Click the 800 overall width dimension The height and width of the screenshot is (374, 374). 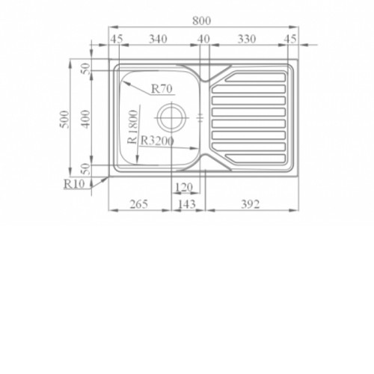coord(201,20)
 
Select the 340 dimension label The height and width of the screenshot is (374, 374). coord(158,39)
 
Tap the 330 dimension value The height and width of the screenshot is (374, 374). coord(247,39)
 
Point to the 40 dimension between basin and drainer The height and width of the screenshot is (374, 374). coord(203,39)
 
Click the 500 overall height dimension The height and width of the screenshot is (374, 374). coord(64,120)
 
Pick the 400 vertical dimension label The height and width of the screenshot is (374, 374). coord(86,120)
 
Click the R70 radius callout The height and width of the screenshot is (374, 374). coord(162,88)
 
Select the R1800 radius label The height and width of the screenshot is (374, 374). coord(132,126)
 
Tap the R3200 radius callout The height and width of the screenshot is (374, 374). coord(157,141)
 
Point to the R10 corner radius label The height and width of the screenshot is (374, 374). coord(74,184)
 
